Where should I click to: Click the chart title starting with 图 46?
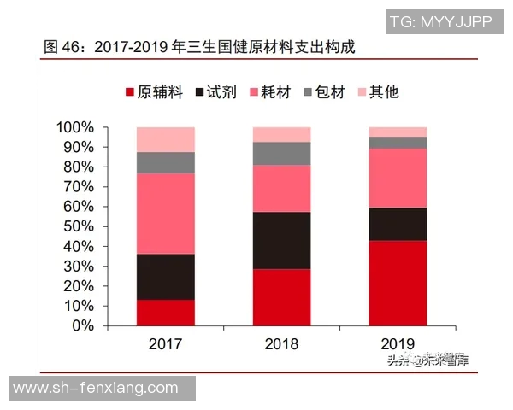(x=198, y=46)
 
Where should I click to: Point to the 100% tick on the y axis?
(x=75, y=128)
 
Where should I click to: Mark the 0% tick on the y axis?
(x=83, y=325)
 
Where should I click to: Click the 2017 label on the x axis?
(x=165, y=344)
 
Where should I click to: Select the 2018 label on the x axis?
(x=281, y=344)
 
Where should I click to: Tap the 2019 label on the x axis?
(x=398, y=344)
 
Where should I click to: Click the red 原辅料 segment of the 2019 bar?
(x=398, y=283)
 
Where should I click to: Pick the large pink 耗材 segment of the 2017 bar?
(x=165, y=214)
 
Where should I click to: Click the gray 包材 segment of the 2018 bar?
(x=281, y=153)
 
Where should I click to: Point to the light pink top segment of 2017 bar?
(x=165, y=139)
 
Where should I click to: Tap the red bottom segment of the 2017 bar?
(x=165, y=313)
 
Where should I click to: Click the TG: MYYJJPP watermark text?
(x=440, y=22)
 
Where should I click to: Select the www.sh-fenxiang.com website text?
(x=96, y=389)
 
